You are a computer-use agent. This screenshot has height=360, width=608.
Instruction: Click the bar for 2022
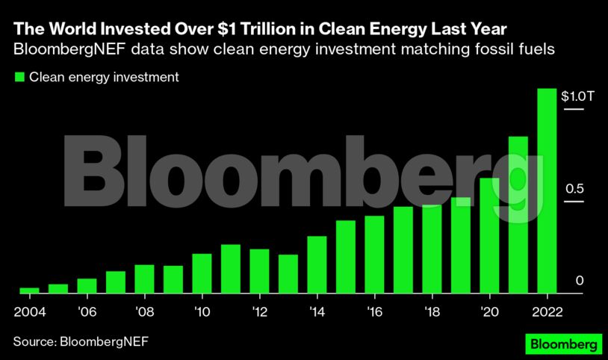(547, 191)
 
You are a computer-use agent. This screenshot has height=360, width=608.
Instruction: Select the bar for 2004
(29, 291)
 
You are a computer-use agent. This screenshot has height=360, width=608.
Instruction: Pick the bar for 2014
(317, 264)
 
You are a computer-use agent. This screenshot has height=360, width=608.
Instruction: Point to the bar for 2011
(231, 269)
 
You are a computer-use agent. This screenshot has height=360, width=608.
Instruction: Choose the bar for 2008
(144, 279)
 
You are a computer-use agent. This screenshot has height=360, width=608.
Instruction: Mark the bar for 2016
(374, 255)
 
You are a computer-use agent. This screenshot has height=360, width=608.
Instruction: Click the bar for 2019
(461, 246)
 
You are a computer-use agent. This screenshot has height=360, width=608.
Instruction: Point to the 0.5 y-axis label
(574, 189)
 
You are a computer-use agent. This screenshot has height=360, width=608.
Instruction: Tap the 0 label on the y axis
(579, 281)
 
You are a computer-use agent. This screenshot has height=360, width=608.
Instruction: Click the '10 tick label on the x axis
(202, 311)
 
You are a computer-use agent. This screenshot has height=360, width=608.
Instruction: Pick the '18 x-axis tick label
(432, 311)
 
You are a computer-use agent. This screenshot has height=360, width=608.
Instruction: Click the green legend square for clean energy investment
(19, 76)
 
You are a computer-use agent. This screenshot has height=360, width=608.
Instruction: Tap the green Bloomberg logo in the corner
(561, 344)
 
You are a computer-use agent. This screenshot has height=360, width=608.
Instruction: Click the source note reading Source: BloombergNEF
(81, 341)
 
